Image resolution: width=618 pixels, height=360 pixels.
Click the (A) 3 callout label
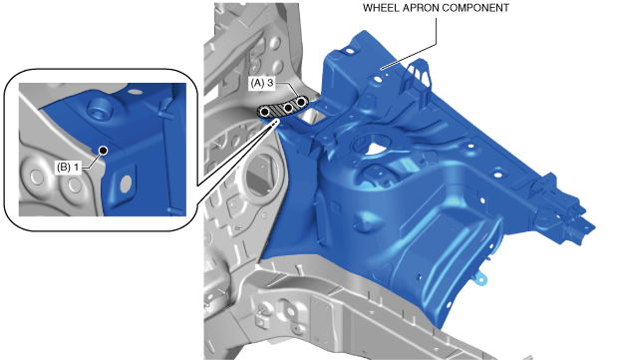click(x=262, y=83)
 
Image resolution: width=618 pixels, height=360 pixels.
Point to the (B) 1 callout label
click(x=68, y=168)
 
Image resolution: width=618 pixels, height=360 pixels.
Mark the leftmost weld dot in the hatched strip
click(x=265, y=113)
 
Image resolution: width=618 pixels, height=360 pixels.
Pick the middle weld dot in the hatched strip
click(x=288, y=108)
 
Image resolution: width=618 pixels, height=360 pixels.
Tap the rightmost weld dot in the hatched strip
click(x=301, y=102)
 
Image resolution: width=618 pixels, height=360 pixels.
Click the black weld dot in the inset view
click(x=104, y=151)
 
